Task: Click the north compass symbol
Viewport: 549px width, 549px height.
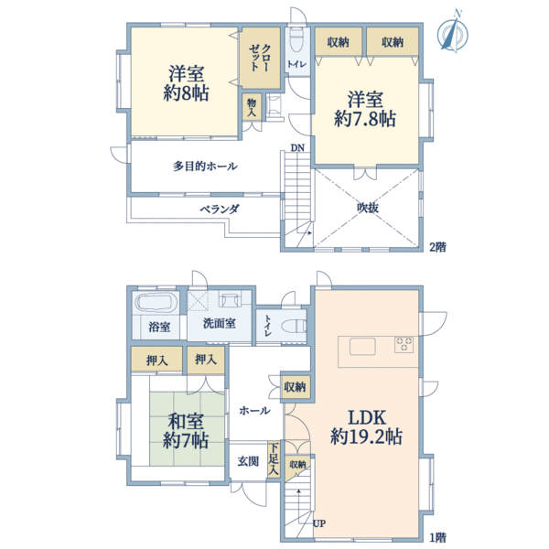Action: (x=453, y=33)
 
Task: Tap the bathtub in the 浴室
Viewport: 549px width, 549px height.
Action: (x=156, y=302)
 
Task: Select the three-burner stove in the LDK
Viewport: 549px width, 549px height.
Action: (x=404, y=344)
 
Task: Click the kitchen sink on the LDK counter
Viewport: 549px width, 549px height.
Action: (x=362, y=347)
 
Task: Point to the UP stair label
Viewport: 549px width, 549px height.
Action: (x=319, y=523)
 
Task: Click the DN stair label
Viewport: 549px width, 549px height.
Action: (x=297, y=147)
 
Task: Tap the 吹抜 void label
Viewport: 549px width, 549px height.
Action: (x=368, y=208)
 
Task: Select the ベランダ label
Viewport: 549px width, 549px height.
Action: (x=220, y=209)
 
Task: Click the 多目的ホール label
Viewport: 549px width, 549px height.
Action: (x=205, y=166)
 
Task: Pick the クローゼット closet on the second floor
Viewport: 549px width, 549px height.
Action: (x=260, y=58)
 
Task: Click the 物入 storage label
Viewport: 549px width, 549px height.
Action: (x=252, y=107)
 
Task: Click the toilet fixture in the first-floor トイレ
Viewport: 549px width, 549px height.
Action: (x=295, y=326)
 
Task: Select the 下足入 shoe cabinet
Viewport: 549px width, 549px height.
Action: (x=274, y=459)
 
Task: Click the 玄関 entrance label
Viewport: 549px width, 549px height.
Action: (x=248, y=461)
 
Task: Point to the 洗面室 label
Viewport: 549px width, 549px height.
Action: (x=220, y=323)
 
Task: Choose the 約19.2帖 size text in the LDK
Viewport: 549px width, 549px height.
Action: (x=366, y=436)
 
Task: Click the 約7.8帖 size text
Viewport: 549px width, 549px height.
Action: (x=365, y=118)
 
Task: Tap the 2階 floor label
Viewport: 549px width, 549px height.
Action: (x=437, y=247)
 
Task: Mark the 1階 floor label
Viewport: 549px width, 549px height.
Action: (x=437, y=537)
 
